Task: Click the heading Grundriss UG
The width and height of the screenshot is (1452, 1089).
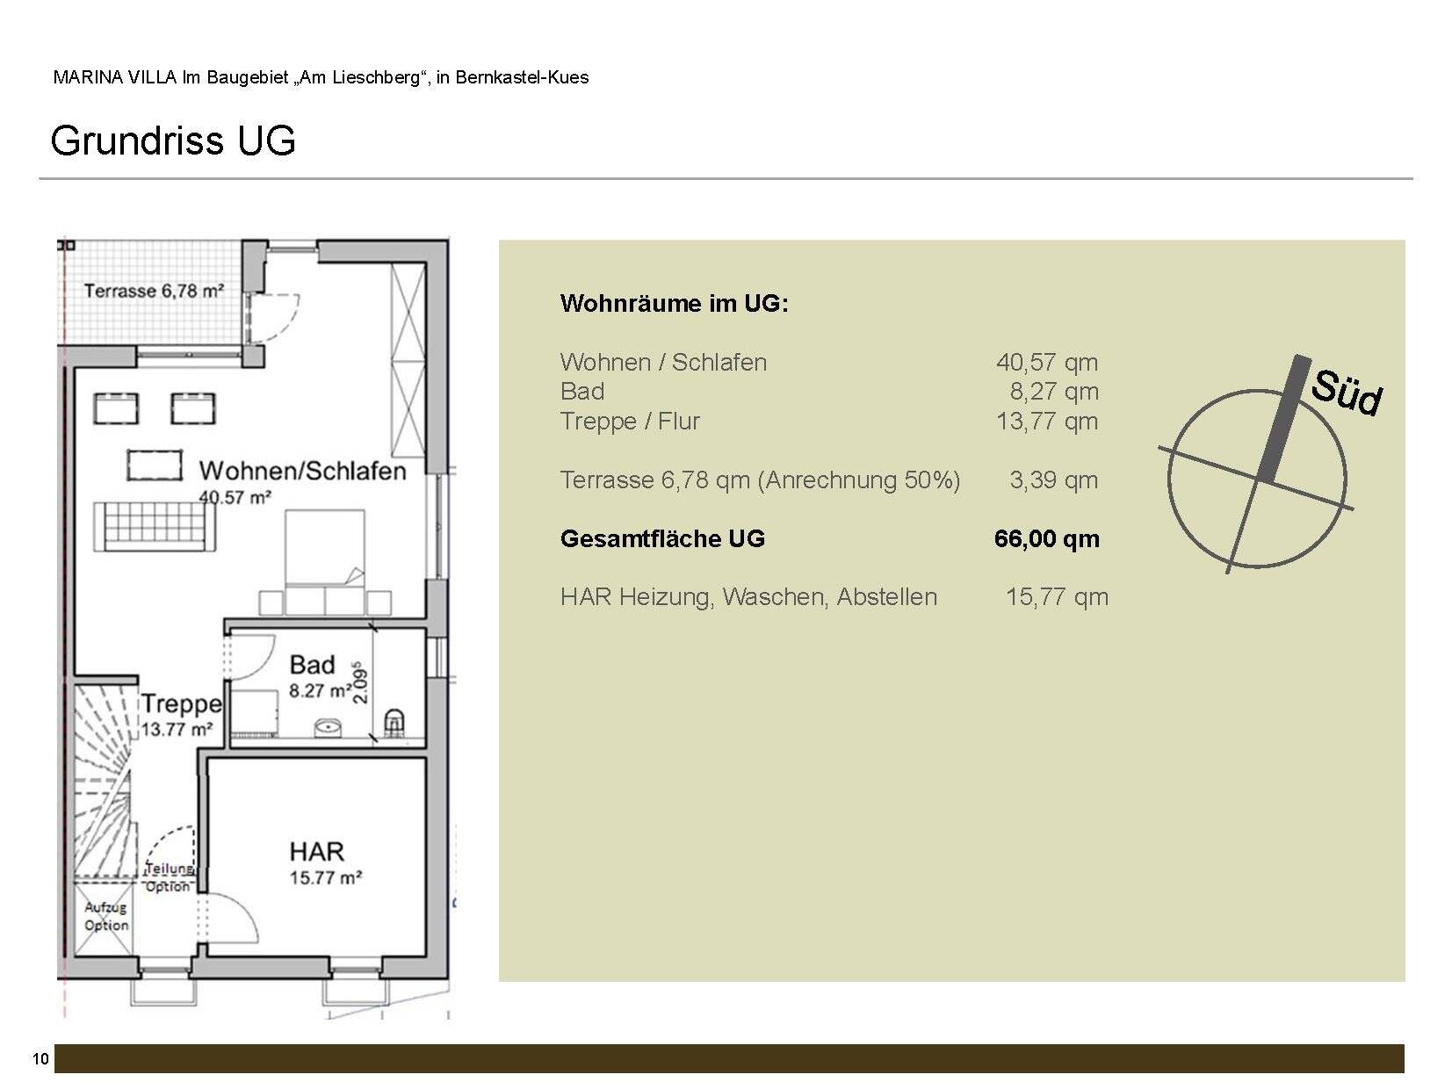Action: click(173, 141)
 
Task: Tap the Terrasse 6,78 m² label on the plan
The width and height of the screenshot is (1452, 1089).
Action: click(153, 290)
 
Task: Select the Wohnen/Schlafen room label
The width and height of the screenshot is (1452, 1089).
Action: click(302, 472)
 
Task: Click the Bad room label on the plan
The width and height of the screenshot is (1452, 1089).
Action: click(312, 665)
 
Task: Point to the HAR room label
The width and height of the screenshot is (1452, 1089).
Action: click(317, 852)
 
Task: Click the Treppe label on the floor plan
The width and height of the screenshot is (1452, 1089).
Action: click(181, 704)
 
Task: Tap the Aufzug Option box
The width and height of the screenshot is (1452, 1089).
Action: click(106, 916)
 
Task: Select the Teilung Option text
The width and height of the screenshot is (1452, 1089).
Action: click(168, 877)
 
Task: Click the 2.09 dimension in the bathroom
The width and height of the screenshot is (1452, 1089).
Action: click(360, 682)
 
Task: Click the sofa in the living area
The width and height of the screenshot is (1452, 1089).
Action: click(155, 527)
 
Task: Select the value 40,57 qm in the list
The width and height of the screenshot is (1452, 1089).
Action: click(1046, 362)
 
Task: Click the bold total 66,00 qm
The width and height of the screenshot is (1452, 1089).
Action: click(1046, 538)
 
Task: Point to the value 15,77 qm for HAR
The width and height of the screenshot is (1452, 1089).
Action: click(1056, 597)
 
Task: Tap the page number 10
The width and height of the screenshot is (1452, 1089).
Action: click(40, 1059)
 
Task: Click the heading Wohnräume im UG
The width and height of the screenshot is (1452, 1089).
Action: click(674, 304)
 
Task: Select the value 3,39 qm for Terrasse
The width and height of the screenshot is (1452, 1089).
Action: click(1053, 480)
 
